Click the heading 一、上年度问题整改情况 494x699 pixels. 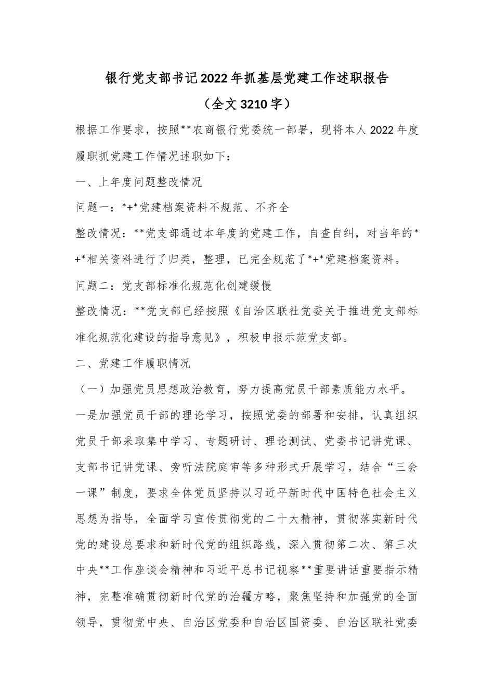click(x=139, y=182)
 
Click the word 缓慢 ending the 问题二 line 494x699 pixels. click(x=260, y=286)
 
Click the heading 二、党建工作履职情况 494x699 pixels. click(x=133, y=364)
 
